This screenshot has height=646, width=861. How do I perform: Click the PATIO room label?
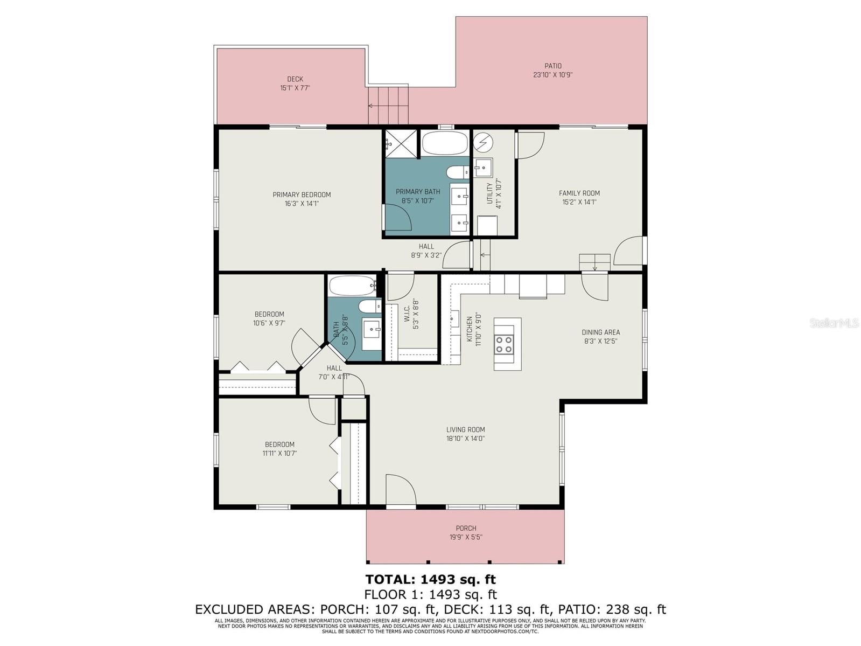pyautogui.click(x=552, y=66)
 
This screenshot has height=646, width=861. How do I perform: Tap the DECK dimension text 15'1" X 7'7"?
pyautogui.click(x=295, y=88)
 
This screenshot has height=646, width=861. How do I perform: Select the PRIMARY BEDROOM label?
pyautogui.click(x=301, y=195)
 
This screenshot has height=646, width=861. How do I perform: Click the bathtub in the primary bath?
pyautogui.click(x=445, y=143)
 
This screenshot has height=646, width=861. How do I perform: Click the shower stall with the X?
pyautogui.click(x=401, y=143)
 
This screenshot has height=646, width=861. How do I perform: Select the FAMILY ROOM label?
pyautogui.click(x=579, y=193)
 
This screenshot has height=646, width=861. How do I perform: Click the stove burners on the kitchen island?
pyautogui.click(x=503, y=344)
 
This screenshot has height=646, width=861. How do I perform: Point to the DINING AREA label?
pyautogui.click(x=600, y=332)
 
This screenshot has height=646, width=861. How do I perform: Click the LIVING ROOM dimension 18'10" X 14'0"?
pyautogui.click(x=465, y=439)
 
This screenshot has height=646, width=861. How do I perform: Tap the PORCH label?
pyautogui.click(x=466, y=528)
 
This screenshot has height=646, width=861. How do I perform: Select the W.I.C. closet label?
pyautogui.click(x=407, y=314)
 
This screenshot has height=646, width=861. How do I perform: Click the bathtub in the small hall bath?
pyautogui.click(x=352, y=286)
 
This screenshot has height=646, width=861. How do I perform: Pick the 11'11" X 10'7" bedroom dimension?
pyautogui.click(x=279, y=453)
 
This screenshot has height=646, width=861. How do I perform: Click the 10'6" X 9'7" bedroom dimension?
pyautogui.click(x=269, y=323)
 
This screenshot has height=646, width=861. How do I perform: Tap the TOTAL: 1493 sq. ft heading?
pyautogui.click(x=430, y=579)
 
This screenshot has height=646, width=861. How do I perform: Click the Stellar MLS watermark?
pyautogui.click(x=833, y=323)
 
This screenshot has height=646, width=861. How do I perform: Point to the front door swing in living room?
pyautogui.click(x=401, y=489)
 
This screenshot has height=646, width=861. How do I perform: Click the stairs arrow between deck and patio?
pyautogui.click(x=375, y=106)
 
